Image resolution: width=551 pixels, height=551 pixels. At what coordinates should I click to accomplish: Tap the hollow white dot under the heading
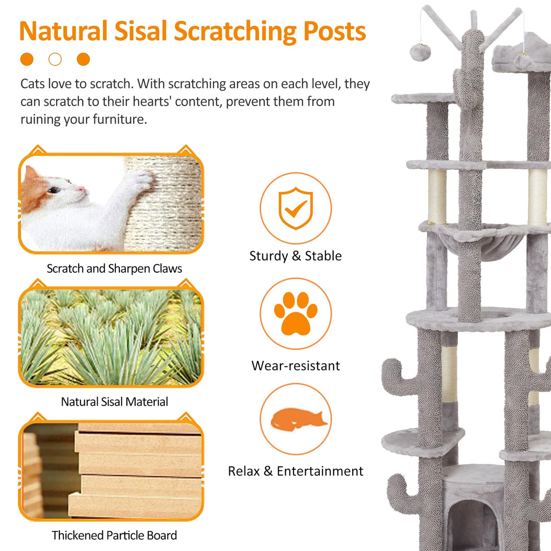55,59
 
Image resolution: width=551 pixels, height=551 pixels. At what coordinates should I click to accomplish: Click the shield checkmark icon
295,208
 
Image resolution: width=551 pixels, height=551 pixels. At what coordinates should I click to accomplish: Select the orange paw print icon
295,313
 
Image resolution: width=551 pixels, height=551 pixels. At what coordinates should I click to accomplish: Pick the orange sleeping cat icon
298,419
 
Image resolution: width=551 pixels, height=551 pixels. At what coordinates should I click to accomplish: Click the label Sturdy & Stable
295,256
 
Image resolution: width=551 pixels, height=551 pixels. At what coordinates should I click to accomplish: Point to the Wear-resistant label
295,366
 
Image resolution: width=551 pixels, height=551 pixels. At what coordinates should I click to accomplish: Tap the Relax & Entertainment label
295,471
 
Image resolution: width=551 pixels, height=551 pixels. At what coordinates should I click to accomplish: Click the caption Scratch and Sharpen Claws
114,269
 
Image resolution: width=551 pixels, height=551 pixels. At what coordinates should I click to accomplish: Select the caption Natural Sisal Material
114,402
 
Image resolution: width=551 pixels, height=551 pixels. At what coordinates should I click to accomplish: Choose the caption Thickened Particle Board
114,536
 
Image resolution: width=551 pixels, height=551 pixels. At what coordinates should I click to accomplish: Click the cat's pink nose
81,188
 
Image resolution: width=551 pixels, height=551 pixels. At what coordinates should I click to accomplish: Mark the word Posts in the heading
335,32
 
